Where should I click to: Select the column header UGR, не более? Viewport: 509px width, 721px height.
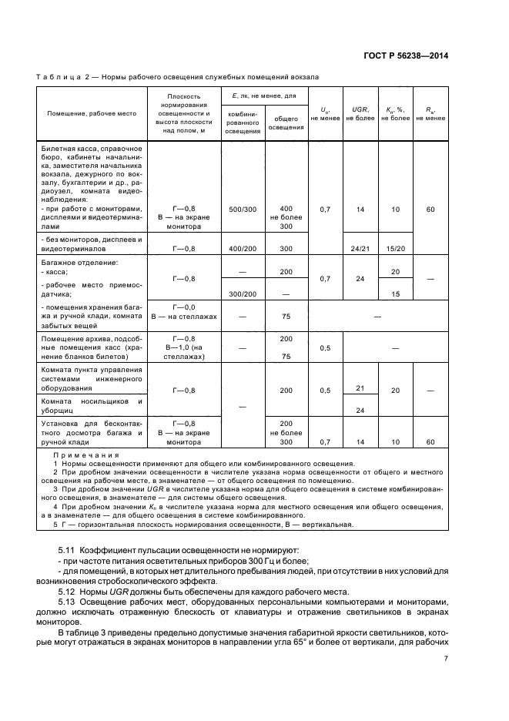coord(360,113)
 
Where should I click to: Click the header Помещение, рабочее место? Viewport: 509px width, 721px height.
coord(92,113)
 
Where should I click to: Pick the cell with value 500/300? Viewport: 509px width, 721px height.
coord(243,210)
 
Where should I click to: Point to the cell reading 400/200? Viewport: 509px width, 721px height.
coord(243,249)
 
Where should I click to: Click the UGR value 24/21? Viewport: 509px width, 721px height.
coord(360,249)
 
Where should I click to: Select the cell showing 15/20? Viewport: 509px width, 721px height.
coord(396,249)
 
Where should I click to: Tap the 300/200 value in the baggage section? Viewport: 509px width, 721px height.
coord(243,293)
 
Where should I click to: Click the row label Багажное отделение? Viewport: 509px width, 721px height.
coord(79,263)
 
